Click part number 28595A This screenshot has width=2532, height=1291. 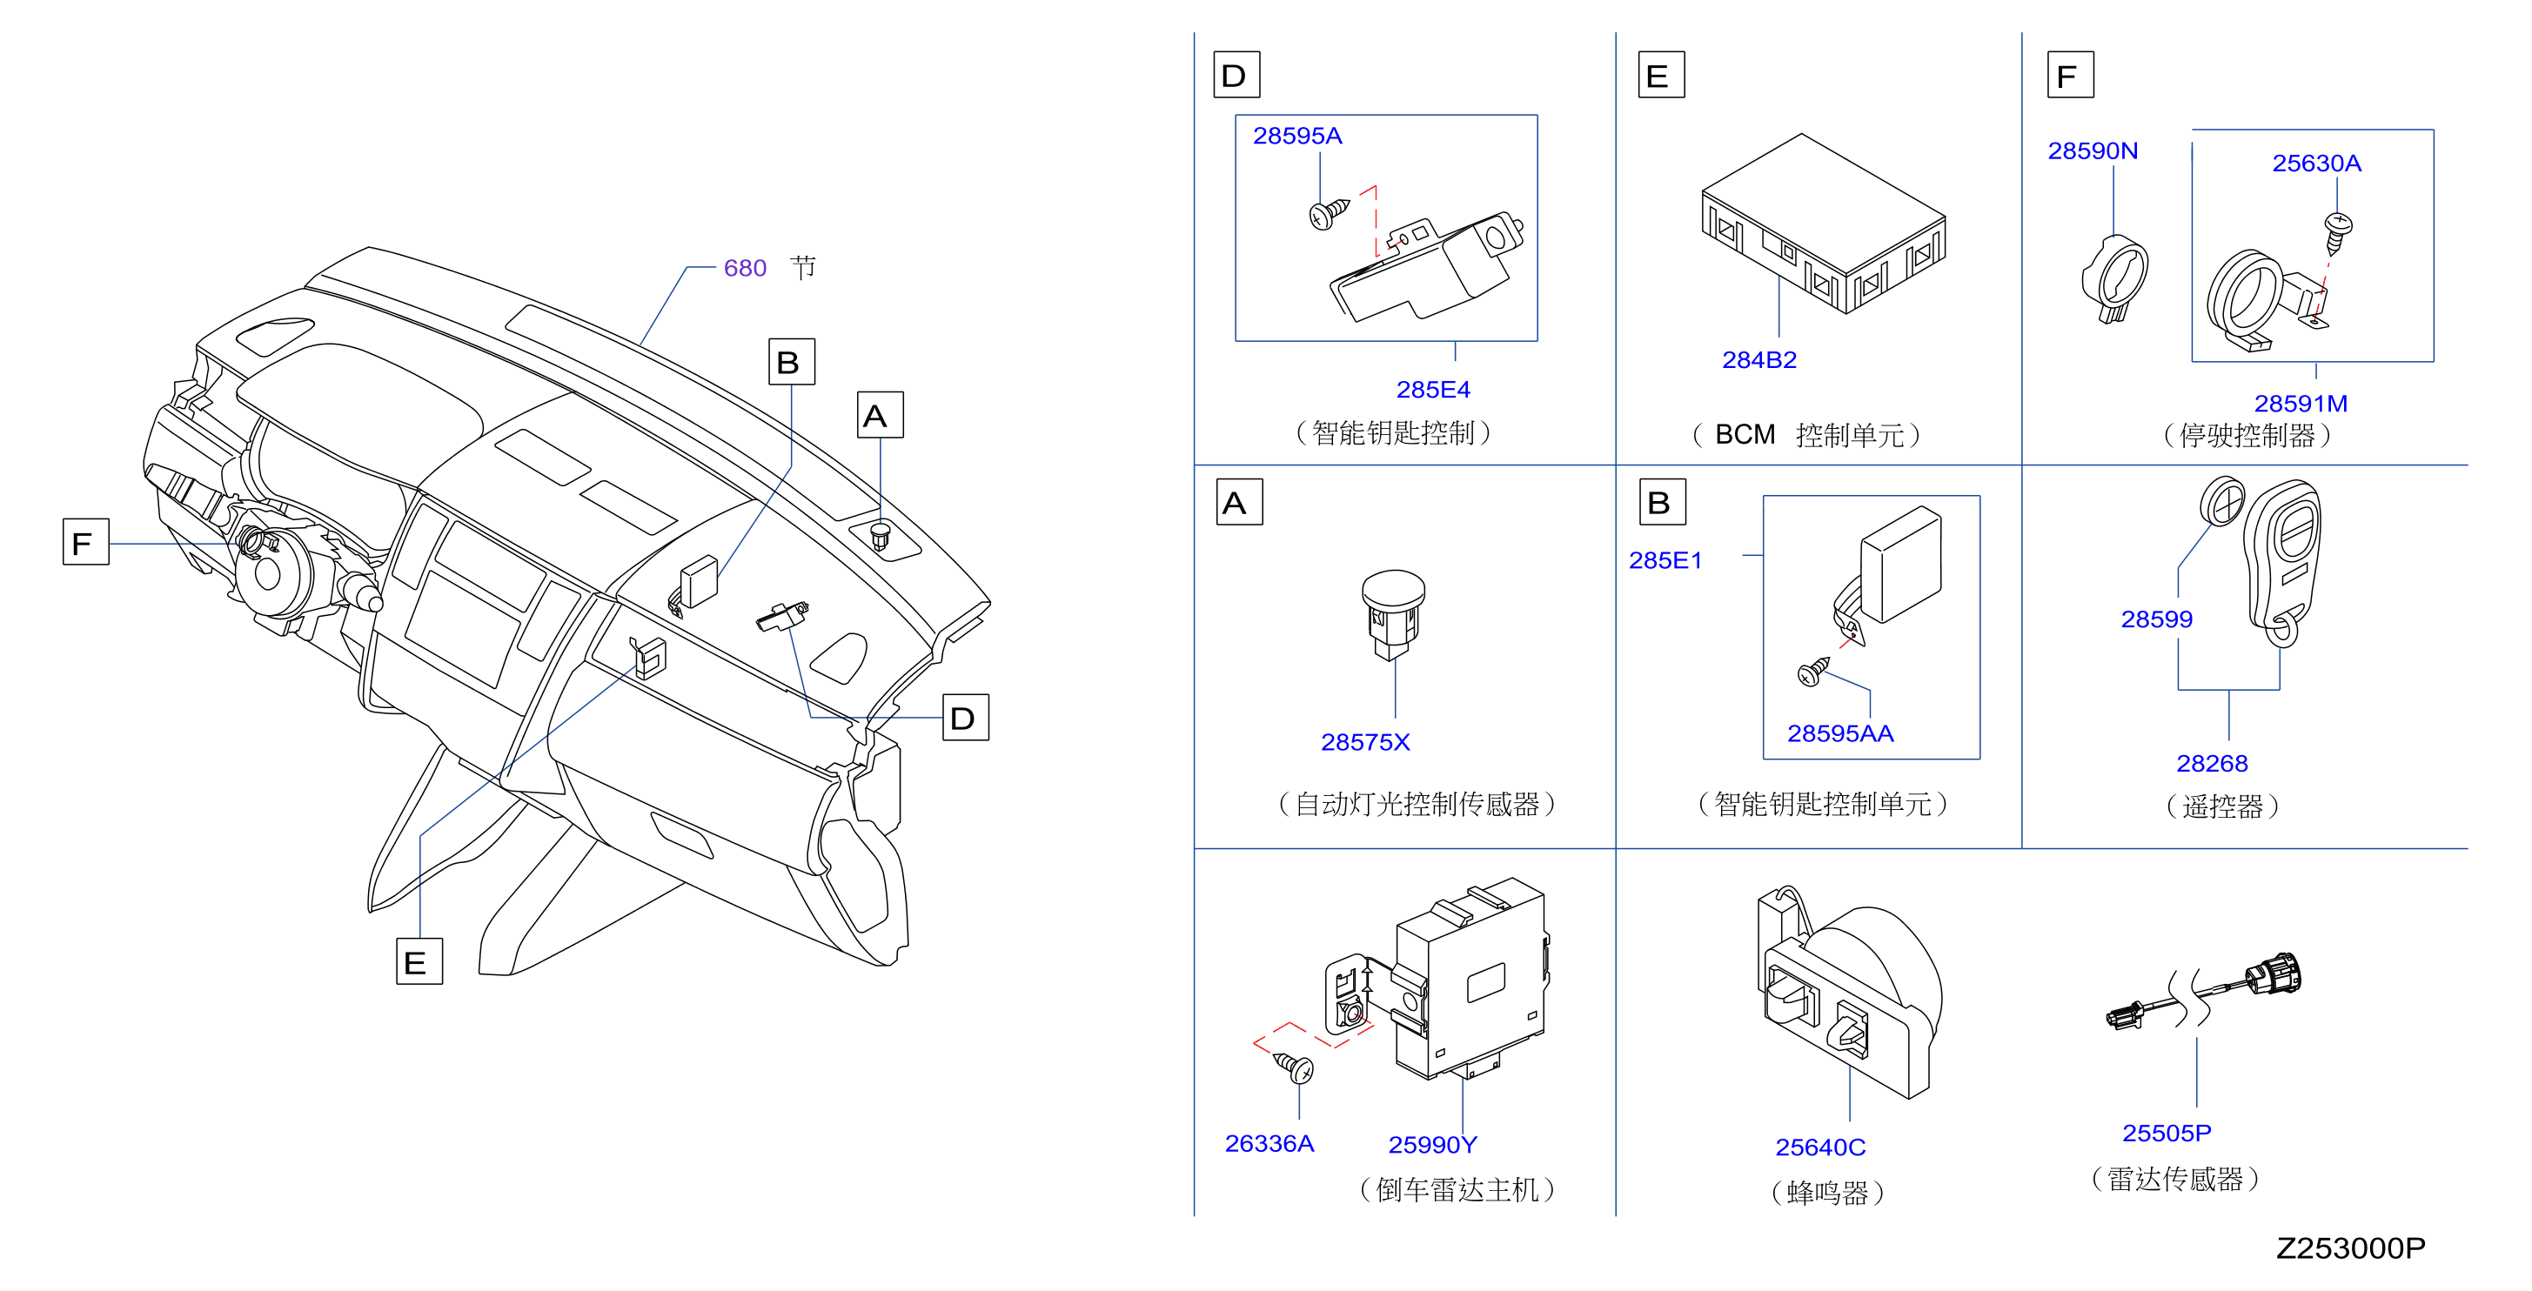[x=1296, y=136]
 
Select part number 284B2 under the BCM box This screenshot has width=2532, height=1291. [x=1758, y=359]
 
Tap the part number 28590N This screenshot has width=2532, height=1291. [x=2092, y=151]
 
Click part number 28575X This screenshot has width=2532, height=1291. [x=1364, y=742]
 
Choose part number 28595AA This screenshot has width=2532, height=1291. [x=1839, y=733]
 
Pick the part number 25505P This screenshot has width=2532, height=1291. [x=2167, y=1133]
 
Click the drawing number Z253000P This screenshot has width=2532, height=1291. [x=2350, y=1248]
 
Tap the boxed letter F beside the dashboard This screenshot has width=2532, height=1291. [x=85, y=542]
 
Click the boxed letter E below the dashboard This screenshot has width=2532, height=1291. [x=419, y=961]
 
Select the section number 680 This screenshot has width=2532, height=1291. [x=744, y=268]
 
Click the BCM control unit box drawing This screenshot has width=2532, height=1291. [x=1824, y=224]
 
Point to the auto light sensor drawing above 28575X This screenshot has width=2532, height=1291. [x=1394, y=615]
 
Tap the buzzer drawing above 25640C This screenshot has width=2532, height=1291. [x=1849, y=993]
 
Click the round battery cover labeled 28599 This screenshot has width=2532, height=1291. [x=2221, y=502]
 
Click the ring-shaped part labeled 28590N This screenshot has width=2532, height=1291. [x=2114, y=279]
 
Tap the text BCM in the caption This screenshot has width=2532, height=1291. [x=1745, y=434]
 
